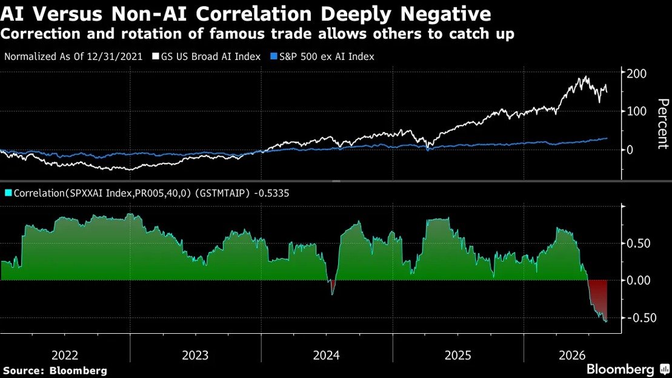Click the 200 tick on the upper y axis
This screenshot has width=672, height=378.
point(637,73)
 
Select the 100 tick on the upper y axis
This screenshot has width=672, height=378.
point(637,111)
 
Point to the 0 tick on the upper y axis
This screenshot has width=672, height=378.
point(630,150)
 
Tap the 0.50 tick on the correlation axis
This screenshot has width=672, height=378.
point(639,244)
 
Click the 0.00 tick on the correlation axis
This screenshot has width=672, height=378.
point(639,280)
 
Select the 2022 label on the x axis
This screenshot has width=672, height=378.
point(65,356)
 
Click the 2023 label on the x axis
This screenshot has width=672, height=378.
point(195,356)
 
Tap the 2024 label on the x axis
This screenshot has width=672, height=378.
point(326,356)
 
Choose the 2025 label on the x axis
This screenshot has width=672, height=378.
point(457,356)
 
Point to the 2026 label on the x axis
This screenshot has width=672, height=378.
point(572,356)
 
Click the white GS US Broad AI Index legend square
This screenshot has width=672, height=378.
point(156,56)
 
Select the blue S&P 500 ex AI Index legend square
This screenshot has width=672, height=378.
point(274,56)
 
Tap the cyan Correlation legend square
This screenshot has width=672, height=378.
point(8,193)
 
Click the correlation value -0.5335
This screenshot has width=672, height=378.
point(271,193)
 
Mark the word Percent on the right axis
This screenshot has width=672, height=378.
point(662,124)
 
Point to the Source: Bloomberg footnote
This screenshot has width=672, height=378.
point(55,371)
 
